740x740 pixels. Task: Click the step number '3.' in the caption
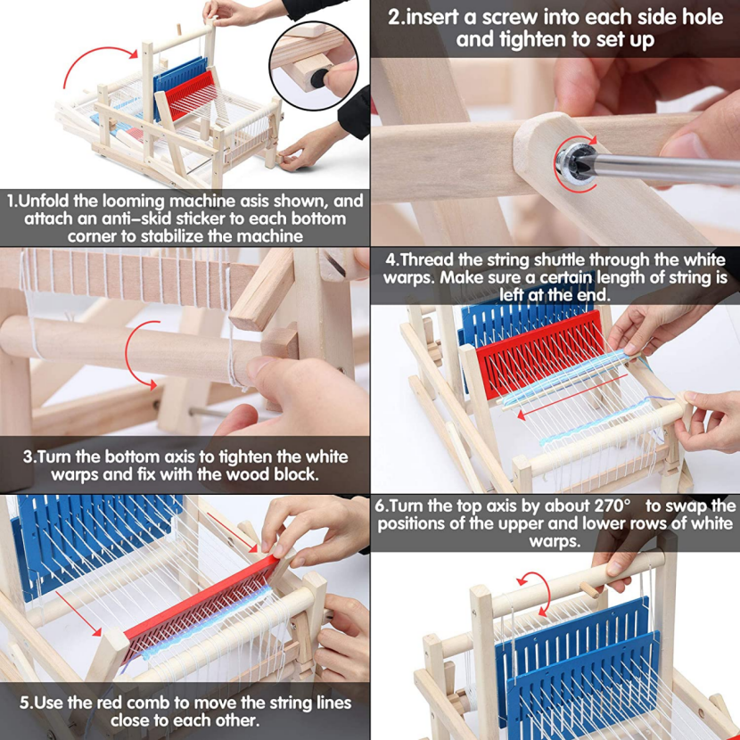click(x=29, y=456)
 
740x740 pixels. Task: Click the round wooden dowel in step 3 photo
click(x=134, y=347)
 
